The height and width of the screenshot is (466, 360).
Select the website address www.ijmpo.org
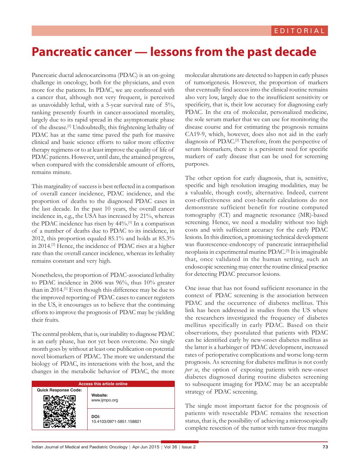(104, 400)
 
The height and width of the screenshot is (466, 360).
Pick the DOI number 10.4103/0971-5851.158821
(116, 421)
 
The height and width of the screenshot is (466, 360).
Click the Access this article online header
(103, 384)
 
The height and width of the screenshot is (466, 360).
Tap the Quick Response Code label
(59, 390)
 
